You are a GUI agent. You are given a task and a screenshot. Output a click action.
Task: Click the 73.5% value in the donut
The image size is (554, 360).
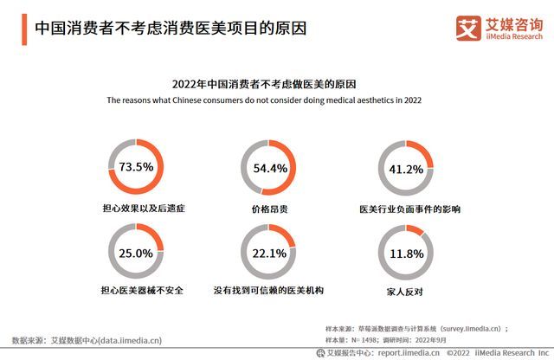pyautogui.click(x=136, y=167)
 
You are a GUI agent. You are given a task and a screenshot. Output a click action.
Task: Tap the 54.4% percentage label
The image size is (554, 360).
pyautogui.click(x=269, y=168)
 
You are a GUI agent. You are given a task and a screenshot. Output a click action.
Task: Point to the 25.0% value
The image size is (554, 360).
pyautogui.click(x=136, y=254)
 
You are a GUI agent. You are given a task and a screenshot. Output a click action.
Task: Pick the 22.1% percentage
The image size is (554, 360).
pyautogui.click(x=269, y=254)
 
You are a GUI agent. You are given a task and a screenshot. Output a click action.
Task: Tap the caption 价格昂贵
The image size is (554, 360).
pyautogui.click(x=269, y=209)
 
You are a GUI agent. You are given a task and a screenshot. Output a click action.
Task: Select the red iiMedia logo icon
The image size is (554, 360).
pyautogui.click(x=468, y=28)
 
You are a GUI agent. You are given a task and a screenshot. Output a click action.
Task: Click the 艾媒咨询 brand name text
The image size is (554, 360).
pyautogui.click(x=511, y=23)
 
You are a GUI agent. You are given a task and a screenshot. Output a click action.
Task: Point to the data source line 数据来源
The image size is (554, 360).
pyautogui.click(x=87, y=340)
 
